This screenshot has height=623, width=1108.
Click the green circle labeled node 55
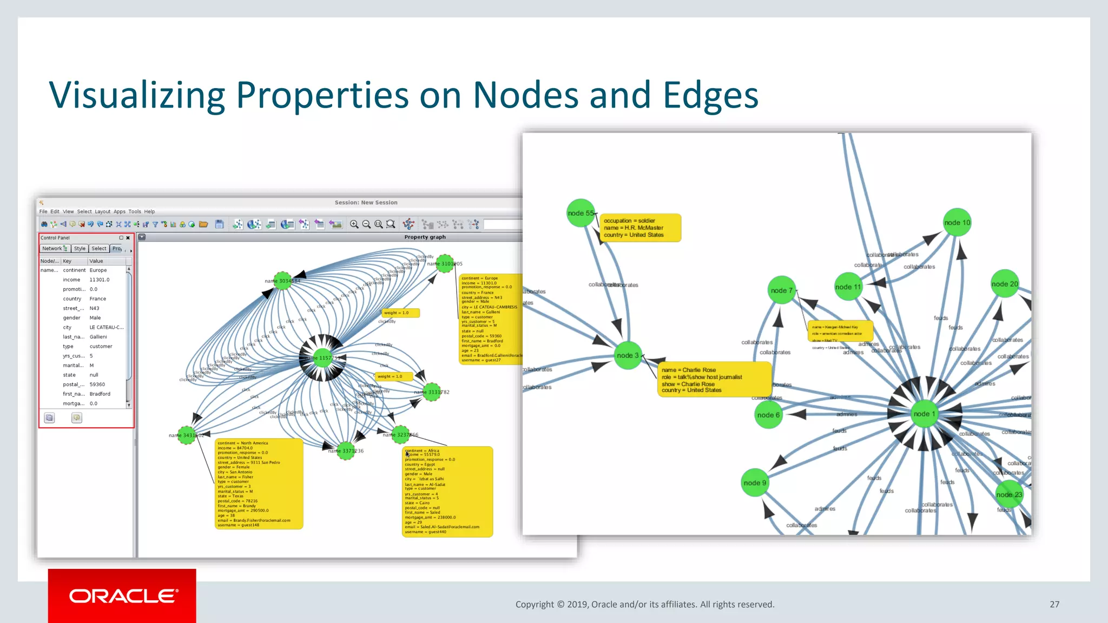coord(581,213)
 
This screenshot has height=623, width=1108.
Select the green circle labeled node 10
coord(957,222)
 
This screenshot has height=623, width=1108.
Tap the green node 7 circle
coord(781,290)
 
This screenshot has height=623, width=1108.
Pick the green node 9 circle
coord(755,483)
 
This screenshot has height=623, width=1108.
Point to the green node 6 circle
coord(768,415)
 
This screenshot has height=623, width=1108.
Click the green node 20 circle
coord(1005,284)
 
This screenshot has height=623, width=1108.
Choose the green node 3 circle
coord(628,355)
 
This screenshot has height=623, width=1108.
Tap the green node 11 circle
coord(848,287)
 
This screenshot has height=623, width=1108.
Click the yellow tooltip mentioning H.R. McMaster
coord(640,228)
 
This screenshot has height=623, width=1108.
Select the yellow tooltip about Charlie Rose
coord(714,380)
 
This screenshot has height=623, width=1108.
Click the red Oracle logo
coord(122,595)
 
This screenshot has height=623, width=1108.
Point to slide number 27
coord(1054,604)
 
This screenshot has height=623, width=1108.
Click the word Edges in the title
coord(710,95)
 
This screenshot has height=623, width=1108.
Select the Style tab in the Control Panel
coord(80,249)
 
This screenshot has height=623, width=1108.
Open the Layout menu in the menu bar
coord(102,211)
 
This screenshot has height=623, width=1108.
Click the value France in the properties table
coord(98,299)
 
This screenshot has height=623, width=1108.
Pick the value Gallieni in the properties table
coord(98,336)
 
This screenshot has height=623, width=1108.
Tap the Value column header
coord(96,261)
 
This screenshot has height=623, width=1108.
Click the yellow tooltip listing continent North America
coord(259,483)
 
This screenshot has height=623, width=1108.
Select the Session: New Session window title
coord(366,202)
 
